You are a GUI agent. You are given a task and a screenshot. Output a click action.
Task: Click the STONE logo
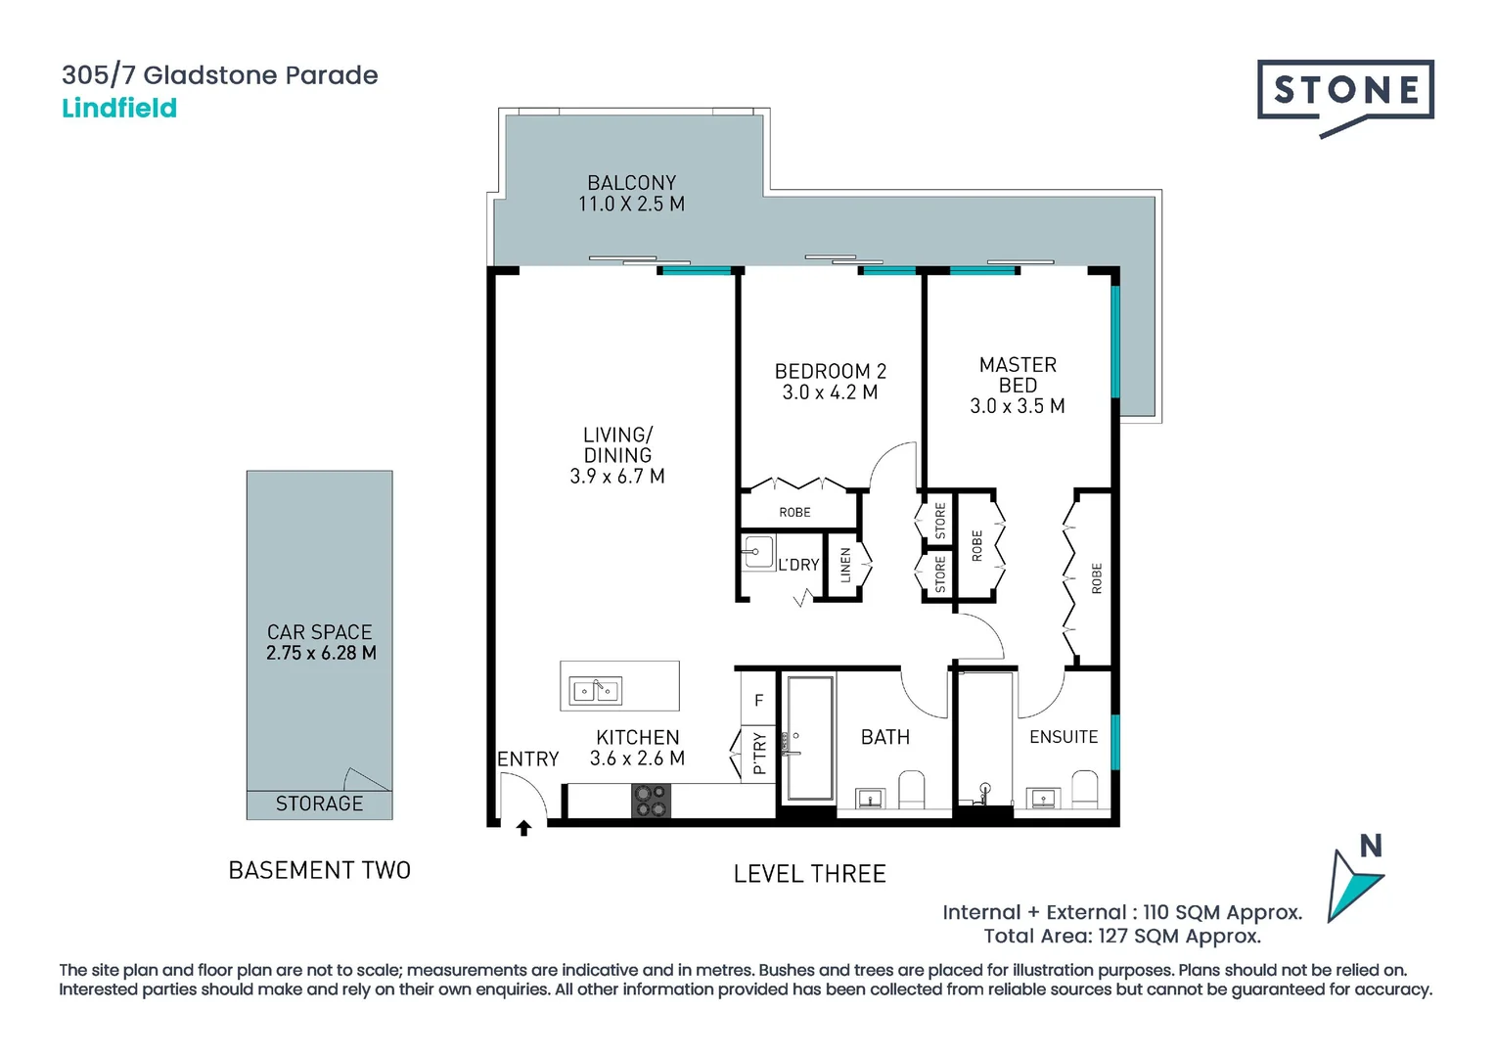(x=1345, y=91)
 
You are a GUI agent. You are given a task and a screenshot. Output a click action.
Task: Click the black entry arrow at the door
(x=523, y=828)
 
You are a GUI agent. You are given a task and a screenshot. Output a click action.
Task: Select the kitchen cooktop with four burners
(x=651, y=801)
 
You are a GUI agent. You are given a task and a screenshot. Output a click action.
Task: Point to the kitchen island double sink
(x=596, y=691)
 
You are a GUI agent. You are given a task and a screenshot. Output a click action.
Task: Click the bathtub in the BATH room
(x=809, y=737)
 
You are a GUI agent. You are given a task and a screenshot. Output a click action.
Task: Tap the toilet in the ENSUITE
(x=1085, y=789)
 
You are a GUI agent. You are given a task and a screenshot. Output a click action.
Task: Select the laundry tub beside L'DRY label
(x=757, y=552)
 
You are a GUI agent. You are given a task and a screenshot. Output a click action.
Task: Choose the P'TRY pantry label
(x=759, y=754)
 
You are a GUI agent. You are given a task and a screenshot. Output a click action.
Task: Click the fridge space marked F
(x=758, y=701)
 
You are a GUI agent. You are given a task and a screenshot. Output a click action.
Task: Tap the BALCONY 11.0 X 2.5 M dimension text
(x=631, y=205)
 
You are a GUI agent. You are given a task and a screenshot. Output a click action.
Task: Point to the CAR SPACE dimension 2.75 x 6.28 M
(x=321, y=653)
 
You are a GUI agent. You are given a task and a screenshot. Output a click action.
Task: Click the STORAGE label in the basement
(x=319, y=804)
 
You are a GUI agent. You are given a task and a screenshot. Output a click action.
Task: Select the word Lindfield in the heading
(x=119, y=108)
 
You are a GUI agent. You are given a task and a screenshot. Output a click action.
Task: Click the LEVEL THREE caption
(x=809, y=874)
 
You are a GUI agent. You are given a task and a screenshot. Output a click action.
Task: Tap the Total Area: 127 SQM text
(x=1122, y=937)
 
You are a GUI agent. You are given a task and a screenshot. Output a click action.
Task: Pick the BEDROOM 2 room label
(x=830, y=372)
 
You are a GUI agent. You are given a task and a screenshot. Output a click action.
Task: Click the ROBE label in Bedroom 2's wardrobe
(x=794, y=513)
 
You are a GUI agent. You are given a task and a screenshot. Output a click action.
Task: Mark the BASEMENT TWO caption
(x=319, y=870)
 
